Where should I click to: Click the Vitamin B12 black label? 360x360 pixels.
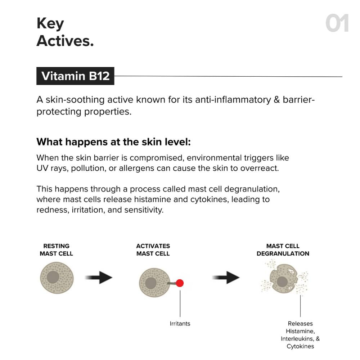click(x=75, y=76)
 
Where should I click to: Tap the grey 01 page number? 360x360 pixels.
click(x=337, y=24)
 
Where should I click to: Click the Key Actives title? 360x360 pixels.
click(x=65, y=32)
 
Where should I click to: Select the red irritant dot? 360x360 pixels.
click(x=180, y=283)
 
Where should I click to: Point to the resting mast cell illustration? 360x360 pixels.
click(x=57, y=278)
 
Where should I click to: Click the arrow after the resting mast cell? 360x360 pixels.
click(x=99, y=278)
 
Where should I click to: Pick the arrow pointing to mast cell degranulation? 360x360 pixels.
click(x=226, y=278)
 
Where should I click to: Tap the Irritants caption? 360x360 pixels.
click(x=180, y=324)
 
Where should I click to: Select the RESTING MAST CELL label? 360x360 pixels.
click(x=56, y=250)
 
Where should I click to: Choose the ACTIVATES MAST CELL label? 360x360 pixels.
click(x=153, y=250)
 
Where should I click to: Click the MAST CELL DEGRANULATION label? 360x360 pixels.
click(x=283, y=250)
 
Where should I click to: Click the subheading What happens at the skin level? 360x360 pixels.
click(x=113, y=142)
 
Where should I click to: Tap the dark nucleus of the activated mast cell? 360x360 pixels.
click(x=150, y=283)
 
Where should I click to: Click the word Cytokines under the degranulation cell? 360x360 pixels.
click(x=300, y=346)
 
